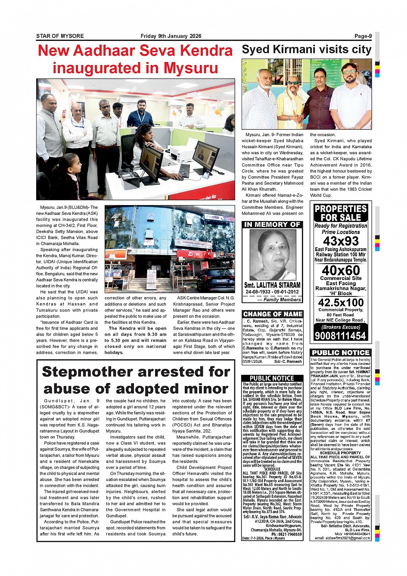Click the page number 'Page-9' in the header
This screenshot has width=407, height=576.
click(363, 36)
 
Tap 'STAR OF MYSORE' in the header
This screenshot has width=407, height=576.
click(60, 36)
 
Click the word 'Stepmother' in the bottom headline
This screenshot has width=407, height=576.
click(94, 371)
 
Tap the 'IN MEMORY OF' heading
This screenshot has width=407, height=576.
click(272, 224)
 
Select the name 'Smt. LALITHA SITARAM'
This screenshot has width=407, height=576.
click(272, 285)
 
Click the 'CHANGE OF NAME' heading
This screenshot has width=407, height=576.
click(273, 314)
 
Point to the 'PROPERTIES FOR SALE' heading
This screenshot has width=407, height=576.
click(340, 213)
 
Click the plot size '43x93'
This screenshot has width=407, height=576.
click(341, 241)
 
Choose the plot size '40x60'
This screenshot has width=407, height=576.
click(341, 270)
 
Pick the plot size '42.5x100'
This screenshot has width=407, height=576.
click(341, 302)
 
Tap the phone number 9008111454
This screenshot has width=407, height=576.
click(340, 336)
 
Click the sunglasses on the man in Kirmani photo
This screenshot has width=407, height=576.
click(293, 82)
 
